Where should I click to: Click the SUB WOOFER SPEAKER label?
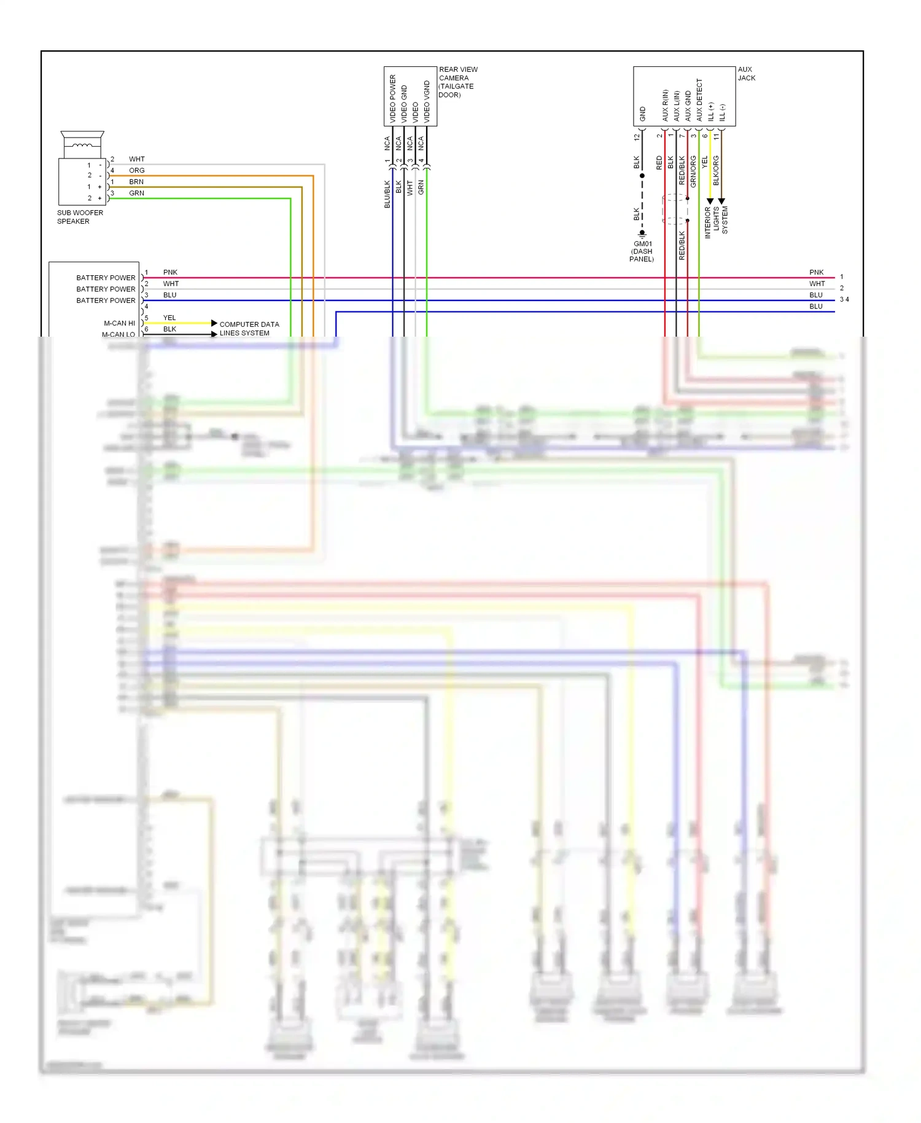pyautogui.click(x=80, y=217)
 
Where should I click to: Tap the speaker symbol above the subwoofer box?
pyautogui.click(x=82, y=144)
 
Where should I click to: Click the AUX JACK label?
pyautogui.click(x=746, y=74)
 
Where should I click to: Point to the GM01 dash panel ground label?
pyautogui.click(x=642, y=251)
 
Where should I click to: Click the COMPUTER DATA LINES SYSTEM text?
pyautogui.click(x=249, y=329)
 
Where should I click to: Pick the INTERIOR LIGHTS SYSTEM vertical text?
pyautogui.click(x=716, y=222)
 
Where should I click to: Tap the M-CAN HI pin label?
pyautogui.click(x=119, y=323)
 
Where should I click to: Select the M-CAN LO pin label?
pyautogui.click(x=118, y=334)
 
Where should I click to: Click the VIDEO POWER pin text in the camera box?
pyautogui.click(x=393, y=98)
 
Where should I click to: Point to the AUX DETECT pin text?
pyautogui.click(x=699, y=100)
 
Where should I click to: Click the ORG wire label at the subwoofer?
pyautogui.click(x=136, y=170)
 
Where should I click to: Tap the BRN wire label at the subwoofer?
pyautogui.click(x=136, y=182)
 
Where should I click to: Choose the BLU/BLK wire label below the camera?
pyautogui.click(x=387, y=194)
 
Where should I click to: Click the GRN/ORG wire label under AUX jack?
pyautogui.click(x=693, y=171)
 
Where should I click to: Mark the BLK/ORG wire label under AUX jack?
pyautogui.click(x=716, y=170)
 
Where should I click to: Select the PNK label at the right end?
pyautogui.click(x=816, y=272)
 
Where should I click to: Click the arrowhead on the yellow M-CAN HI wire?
pyautogui.click(x=214, y=323)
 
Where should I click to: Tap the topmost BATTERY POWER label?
pyautogui.click(x=106, y=278)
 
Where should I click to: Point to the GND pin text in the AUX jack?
pyautogui.click(x=643, y=114)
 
